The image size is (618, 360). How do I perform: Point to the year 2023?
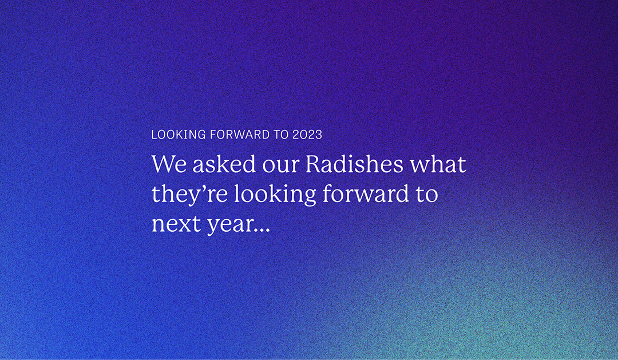307,135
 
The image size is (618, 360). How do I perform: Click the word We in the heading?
169,164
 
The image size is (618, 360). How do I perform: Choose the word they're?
189,195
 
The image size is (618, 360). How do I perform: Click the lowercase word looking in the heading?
275,195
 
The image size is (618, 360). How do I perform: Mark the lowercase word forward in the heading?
365,193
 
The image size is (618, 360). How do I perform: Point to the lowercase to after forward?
426,194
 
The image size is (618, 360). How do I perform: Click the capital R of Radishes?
315,164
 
